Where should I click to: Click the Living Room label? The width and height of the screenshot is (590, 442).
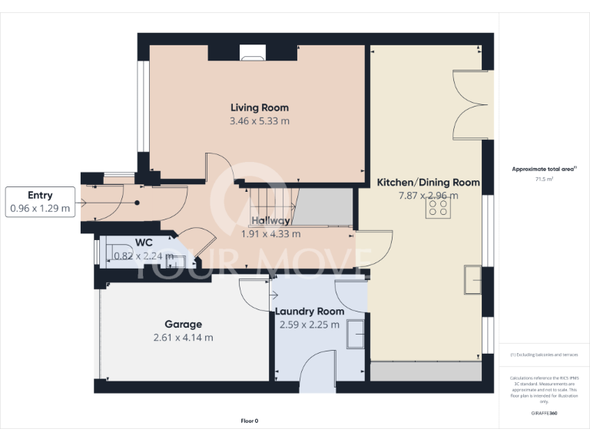coord(260,107)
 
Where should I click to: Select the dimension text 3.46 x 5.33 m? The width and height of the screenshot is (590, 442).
coord(260,121)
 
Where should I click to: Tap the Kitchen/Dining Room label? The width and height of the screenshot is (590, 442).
coord(428,183)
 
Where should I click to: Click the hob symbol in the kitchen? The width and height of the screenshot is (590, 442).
coord(438,209)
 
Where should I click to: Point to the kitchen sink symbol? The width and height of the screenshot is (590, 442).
coord(472,281)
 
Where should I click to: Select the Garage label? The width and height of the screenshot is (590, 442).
coord(183,324)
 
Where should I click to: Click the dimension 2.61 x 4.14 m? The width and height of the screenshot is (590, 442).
coord(183,338)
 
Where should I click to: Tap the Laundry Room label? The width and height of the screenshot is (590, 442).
coord(310,311)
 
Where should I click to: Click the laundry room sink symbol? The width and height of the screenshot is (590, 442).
coord(356,334)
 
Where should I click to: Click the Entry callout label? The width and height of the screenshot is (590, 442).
coord(40,196)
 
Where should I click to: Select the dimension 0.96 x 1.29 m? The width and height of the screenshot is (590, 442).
coord(40,208)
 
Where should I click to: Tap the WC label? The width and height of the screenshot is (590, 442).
coord(144,242)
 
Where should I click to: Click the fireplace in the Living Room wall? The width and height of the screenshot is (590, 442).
coord(250,52)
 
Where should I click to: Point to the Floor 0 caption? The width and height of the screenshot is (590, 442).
coord(250,421)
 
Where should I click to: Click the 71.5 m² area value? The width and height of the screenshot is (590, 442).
coord(544,179)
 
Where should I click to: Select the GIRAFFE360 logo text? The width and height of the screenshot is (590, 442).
coord(544,413)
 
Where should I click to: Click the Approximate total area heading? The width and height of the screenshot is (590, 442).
coord(544,169)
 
